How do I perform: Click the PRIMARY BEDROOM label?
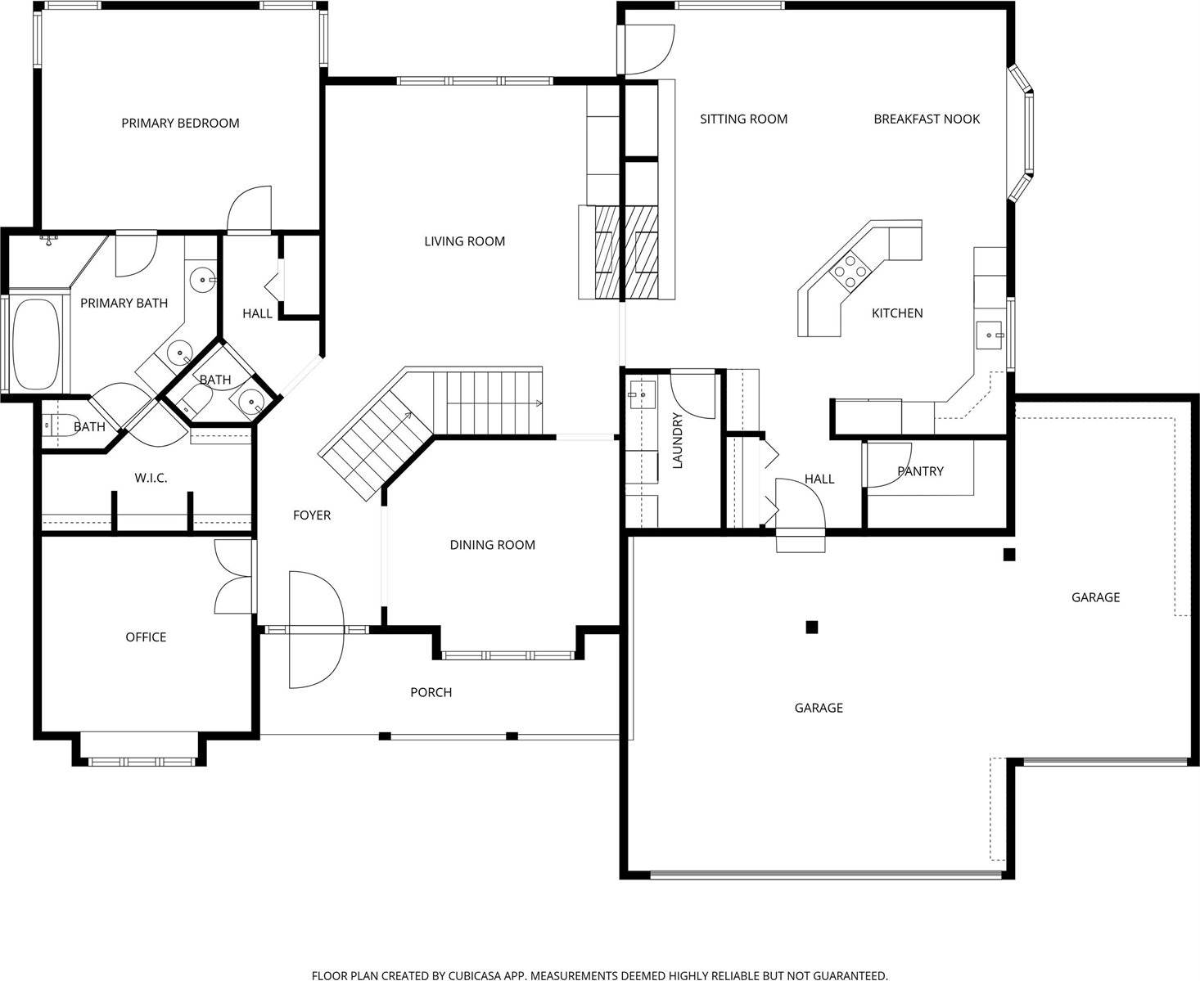pos(180,124)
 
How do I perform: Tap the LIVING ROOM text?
pos(464,241)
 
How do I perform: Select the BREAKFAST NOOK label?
pos(926,119)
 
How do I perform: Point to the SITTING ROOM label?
pos(743,119)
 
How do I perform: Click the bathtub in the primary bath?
pos(37,344)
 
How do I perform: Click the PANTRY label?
pos(920,471)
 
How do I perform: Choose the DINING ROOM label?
pos(492,545)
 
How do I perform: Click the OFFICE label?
pos(146,637)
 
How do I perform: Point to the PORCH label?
pos(431,693)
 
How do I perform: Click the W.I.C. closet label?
pos(151,478)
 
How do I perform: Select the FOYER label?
pos(312,515)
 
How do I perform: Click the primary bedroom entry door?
pos(248,210)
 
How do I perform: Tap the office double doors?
pos(232,577)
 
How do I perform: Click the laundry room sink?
pos(642,394)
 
